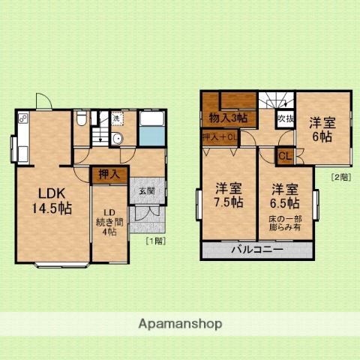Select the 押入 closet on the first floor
[109, 175]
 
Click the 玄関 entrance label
[145, 191]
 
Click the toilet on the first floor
[82, 121]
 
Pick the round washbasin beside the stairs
[117, 139]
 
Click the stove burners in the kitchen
[22, 119]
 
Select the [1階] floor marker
[154, 241]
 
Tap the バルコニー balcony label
[256, 249]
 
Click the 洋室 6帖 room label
[323, 129]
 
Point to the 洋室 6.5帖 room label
[286, 196]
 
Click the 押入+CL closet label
[220, 136]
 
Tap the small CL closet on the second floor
[286, 156]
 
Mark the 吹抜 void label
[285, 118]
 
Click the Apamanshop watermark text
[180, 324]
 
